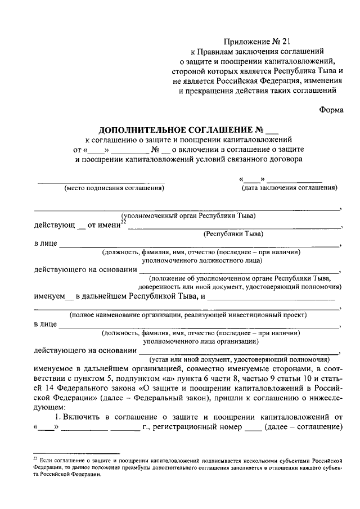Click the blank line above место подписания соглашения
point(101,182)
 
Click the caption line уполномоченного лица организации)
point(200,341)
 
